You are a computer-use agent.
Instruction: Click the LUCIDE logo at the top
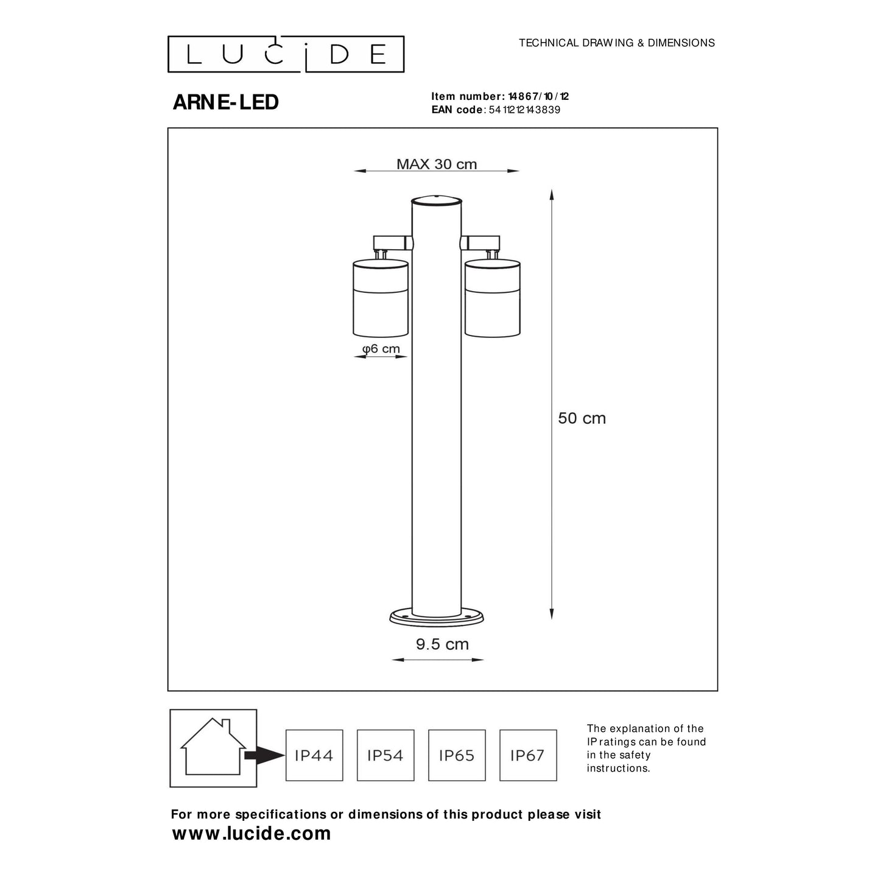[286, 54]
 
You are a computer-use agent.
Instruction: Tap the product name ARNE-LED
[225, 102]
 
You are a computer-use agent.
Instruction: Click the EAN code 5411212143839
[524, 110]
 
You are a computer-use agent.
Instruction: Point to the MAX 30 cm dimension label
[437, 164]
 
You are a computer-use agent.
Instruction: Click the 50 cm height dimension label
[582, 418]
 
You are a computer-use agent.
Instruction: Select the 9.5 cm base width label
[442, 644]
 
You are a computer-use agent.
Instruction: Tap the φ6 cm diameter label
[381, 348]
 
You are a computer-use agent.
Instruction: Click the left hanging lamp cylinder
[380, 298]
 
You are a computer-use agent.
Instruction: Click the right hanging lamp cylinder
[492, 298]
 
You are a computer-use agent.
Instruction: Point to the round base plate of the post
[437, 618]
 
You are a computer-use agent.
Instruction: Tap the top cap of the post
[437, 200]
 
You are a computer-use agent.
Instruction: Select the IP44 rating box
[314, 755]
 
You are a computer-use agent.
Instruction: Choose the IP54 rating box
[385, 755]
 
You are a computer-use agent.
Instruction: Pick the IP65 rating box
[457, 755]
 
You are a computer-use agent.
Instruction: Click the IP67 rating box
[528, 755]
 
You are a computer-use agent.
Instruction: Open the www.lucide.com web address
[252, 833]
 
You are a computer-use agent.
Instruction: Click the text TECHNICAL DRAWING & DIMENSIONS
[616, 43]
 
